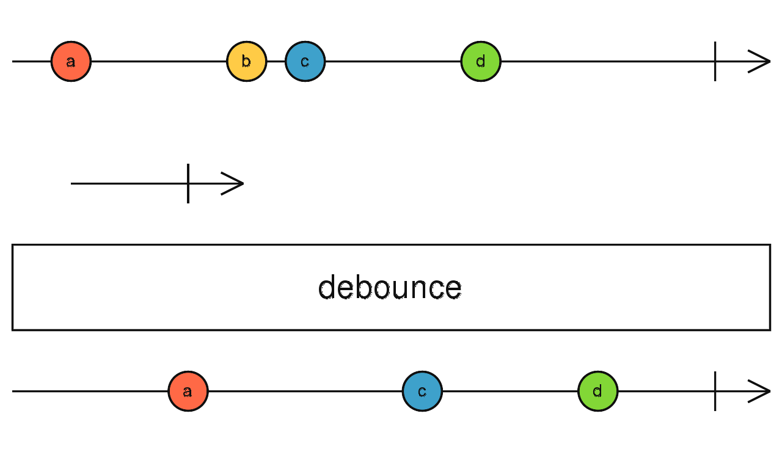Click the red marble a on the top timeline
point(71,61)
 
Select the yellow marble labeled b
point(246,61)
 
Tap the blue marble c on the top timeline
point(305,61)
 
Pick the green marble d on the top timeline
point(481,61)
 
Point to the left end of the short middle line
point(73,183)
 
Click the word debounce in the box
point(390,287)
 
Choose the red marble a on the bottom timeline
point(188,391)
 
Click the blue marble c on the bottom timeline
point(422,391)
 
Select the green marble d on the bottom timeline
point(597,391)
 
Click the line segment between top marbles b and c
point(276,61)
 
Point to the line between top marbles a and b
point(159,61)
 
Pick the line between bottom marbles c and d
point(510,391)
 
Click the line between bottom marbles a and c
point(305,391)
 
